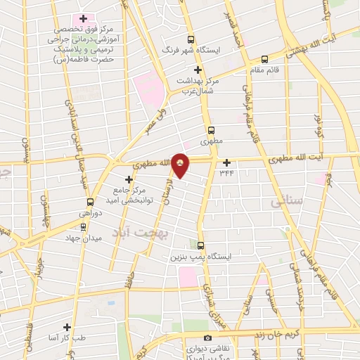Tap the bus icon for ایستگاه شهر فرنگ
tap(190, 40)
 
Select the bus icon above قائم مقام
tap(264, 59)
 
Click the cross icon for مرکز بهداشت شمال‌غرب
tap(198, 70)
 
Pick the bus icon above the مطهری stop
tap(211, 130)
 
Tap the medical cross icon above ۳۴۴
tap(226, 162)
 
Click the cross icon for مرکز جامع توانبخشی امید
tap(129, 179)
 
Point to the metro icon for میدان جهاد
tap(84, 227)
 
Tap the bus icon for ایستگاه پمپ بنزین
tap(201, 245)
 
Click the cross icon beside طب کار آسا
tap(67, 327)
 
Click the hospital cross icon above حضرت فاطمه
tap(83, 18)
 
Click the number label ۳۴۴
tap(226, 172)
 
